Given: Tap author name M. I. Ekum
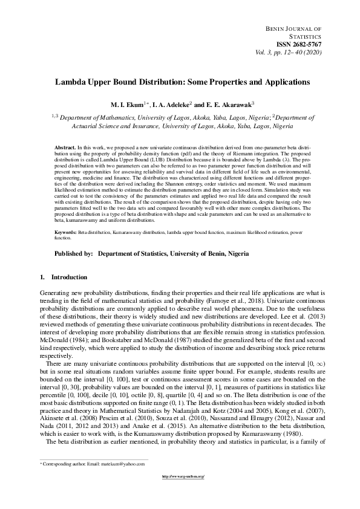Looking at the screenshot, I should (x=125, y=105).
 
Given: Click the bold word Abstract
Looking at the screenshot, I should (x=65, y=148).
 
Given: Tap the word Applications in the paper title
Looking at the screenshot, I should (x=283, y=81).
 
